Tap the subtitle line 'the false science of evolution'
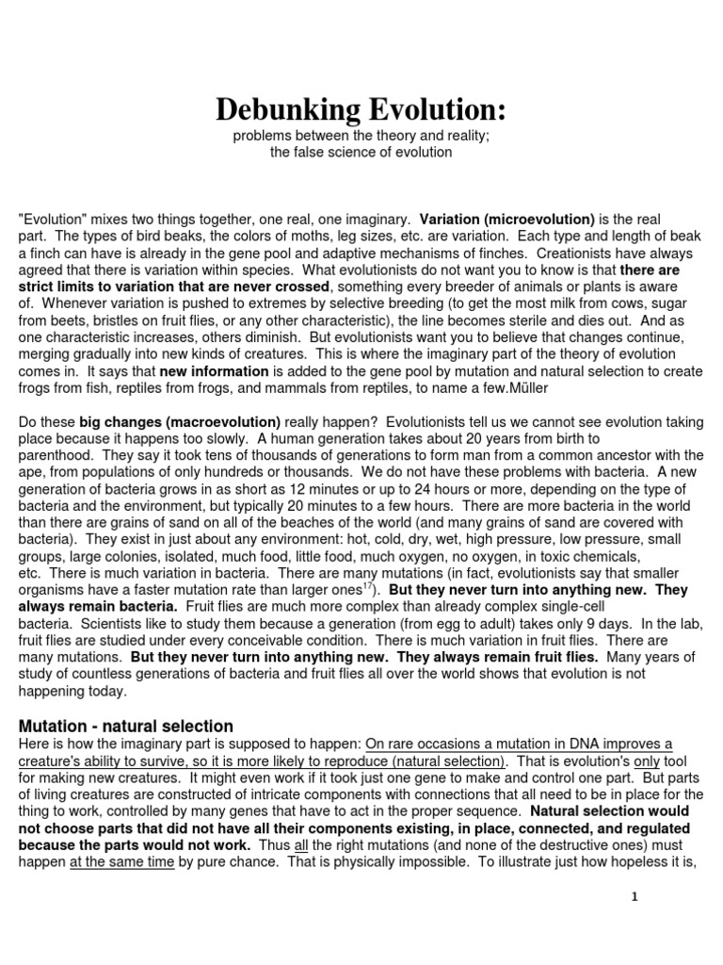point(361,152)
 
